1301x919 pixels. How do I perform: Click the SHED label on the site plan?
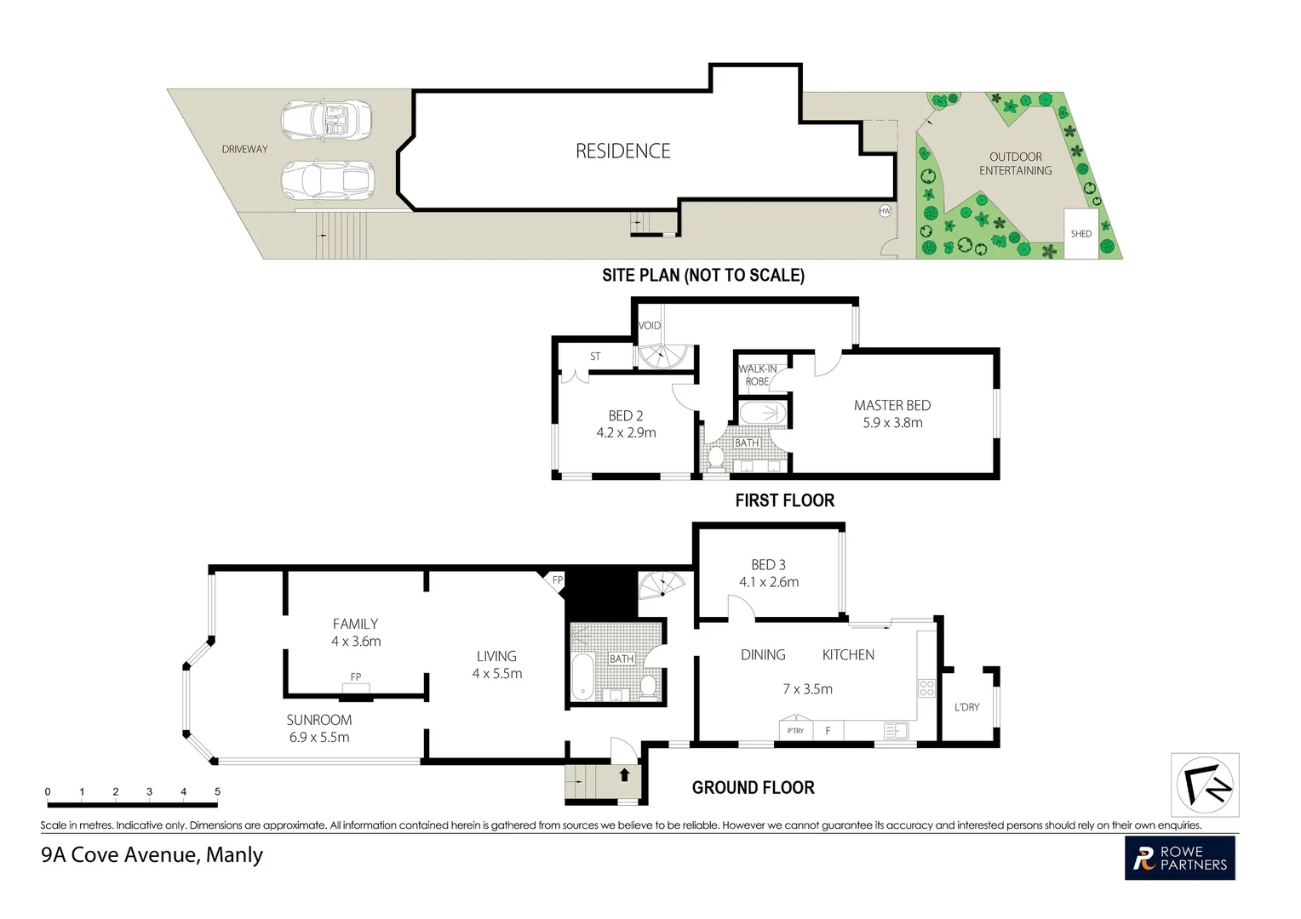tap(1080, 234)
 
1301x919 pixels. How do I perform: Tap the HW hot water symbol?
tap(885, 210)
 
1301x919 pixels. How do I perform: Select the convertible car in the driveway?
tap(327, 121)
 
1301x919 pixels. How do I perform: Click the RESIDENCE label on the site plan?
tap(622, 151)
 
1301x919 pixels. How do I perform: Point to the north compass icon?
tap(1205, 785)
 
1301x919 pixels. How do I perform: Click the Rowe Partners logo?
tap(1179, 858)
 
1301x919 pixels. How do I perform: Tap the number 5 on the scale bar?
tap(217, 792)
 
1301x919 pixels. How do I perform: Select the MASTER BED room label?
tap(891, 406)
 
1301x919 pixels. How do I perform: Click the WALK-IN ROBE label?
tap(756, 375)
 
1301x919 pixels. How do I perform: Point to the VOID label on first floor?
tap(650, 326)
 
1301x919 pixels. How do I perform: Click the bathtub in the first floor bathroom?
tap(763, 414)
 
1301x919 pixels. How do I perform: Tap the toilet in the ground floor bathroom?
tap(648, 686)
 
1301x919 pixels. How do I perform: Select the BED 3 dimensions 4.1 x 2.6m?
tap(768, 582)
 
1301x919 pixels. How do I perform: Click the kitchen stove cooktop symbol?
tap(926, 688)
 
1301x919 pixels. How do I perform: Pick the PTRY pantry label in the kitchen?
tap(795, 731)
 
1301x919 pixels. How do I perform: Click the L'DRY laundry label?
tap(966, 707)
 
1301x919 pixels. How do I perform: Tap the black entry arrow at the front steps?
tap(624, 775)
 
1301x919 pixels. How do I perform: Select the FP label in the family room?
tap(356, 677)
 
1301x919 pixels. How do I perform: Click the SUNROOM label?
tap(318, 720)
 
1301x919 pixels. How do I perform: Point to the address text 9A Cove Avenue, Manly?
tap(152, 855)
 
